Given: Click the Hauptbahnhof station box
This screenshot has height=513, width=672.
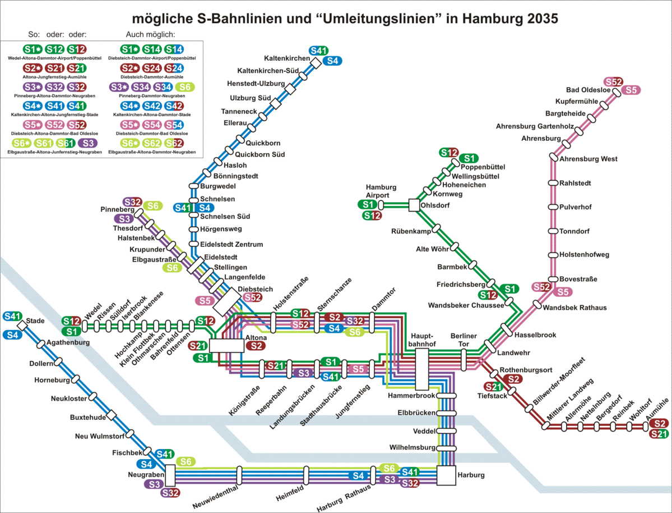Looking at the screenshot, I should coord(422,369).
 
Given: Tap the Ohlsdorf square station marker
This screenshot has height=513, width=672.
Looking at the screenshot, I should coord(414,205).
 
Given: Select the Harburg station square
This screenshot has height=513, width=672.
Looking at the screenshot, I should coord(447,476).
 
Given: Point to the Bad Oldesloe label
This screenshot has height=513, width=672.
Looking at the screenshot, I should coord(588,90).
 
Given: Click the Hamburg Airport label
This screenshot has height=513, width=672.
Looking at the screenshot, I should coord(381,191).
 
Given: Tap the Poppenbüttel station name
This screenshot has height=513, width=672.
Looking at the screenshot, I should coord(483,167).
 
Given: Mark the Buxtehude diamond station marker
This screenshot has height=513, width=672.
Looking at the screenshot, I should coord(111,415).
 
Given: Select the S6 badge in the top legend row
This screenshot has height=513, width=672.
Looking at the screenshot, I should coord(186,86).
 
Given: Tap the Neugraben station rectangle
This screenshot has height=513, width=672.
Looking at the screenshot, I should coord(170,477).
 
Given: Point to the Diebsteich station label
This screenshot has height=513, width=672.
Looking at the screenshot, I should coord(255,289).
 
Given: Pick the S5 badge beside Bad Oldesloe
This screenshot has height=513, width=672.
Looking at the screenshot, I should coord(631,90).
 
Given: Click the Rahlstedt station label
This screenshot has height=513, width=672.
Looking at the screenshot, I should coord(575,183).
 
